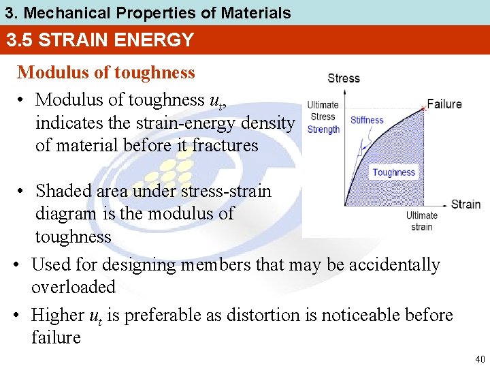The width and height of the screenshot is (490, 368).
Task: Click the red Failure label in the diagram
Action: tap(444, 104)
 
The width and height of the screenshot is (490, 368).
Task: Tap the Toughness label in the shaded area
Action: tap(393, 172)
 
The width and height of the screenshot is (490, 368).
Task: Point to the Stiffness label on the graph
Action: tap(367, 121)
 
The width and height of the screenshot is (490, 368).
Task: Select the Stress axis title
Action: tap(344, 78)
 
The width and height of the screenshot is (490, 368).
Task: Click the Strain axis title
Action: tap(465, 204)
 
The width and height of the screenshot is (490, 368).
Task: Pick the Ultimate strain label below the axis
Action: tap(421, 221)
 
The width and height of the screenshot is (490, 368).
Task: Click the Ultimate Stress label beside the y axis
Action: tap(323, 110)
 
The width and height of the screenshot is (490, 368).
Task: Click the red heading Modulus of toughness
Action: tap(105, 72)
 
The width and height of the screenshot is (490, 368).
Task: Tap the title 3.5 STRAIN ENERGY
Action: tap(100, 40)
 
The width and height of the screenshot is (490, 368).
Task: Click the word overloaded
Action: tap(73, 287)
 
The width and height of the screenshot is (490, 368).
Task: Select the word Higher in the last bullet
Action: tap(58, 315)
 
